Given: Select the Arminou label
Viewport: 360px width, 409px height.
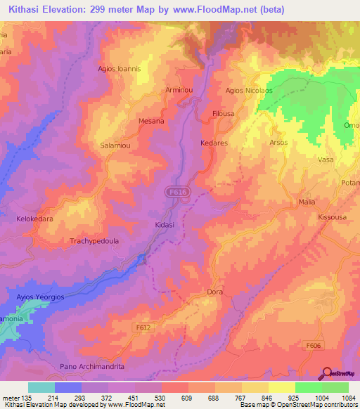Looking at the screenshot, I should tap(179, 90).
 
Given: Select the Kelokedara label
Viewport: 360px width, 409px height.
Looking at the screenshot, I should tap(36, 219).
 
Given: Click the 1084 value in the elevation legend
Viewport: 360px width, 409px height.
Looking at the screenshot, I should tap(349, 397).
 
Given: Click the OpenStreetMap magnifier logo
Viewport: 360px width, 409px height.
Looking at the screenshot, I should tap(327, 375).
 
